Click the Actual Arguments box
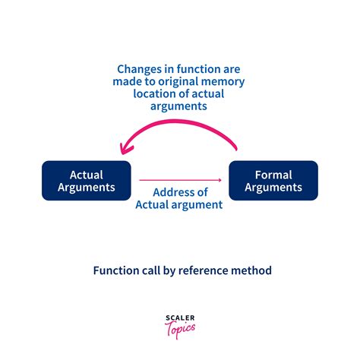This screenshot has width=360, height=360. pyautogui.click(x=87, y=181)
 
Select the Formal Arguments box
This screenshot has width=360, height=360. pyautogui.click(x=273, y=181)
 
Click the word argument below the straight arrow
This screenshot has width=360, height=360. pyautogui.click(x=201, y=205)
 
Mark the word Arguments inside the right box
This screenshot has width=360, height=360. pyautogui.click(x=273, y=188)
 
